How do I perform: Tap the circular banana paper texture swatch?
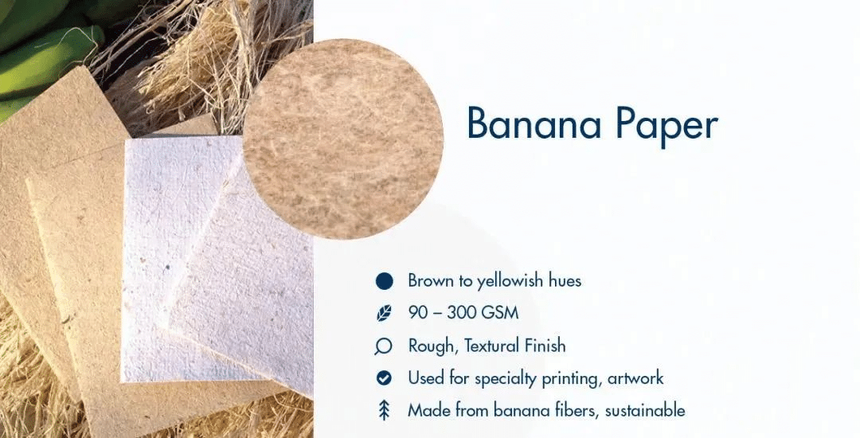click(342, 139)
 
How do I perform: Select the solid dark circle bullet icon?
click(385, 281)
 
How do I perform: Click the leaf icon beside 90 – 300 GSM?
click(385, 313)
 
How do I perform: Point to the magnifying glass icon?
click(384, 346)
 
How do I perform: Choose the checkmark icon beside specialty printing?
click(384, 378)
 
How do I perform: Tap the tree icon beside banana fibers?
click(384, 410)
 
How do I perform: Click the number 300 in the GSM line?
click(461, 313)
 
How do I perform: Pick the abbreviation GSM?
click(499, 313)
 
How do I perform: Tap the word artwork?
click(635, 378)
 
